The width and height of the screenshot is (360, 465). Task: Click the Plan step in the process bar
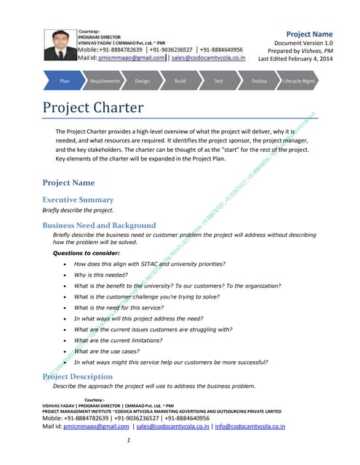tap(64, 81)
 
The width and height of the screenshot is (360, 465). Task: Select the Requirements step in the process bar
tap(105, 81)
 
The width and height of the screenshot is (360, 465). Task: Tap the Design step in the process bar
tap(142, 81)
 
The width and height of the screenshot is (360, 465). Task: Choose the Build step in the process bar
tap(180, 81)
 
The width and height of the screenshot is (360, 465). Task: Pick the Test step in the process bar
tap(218, 81)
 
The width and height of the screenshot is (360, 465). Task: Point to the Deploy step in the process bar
tap(259, 81)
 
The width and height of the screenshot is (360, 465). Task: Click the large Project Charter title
tap(93, 109)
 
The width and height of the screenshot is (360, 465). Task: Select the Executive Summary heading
tap(78, 199)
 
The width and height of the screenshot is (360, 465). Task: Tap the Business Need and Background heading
tap(99, 225)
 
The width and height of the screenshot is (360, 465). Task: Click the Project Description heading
tap(78, 376)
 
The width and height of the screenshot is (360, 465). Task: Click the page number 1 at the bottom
tap(128, 440)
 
